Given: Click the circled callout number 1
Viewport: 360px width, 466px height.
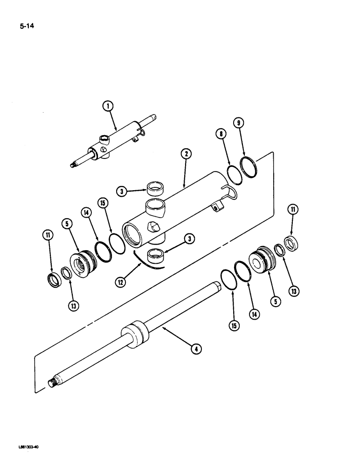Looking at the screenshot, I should coord(109,107).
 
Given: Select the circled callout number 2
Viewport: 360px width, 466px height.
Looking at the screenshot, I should coord(185,155).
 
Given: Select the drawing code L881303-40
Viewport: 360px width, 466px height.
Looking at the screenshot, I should coord(28,446).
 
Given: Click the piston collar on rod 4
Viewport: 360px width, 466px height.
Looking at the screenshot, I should coord(135,335).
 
